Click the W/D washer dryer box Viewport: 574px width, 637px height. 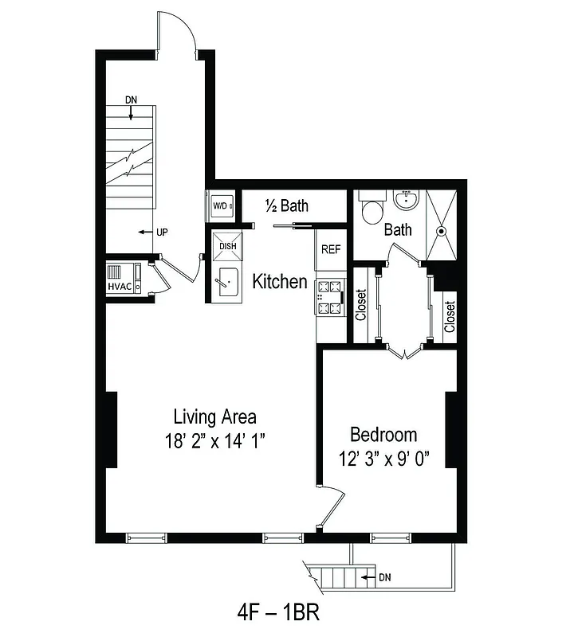[x=221, y=206]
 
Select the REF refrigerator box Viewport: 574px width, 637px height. [x=331, y=248]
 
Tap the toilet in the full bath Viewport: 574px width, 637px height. [x=371, y=210]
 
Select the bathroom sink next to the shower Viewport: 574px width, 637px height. [x=406, y=198]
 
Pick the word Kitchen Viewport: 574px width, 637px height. [x=280, y=281]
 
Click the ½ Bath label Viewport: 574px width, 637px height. [x=286, y=206]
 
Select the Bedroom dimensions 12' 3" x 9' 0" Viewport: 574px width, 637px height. [x=383, y=460]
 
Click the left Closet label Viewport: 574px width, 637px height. [x=361, y=304]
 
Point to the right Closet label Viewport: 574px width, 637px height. [x=450, y=315]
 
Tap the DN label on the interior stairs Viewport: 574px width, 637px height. [x=132, y=100]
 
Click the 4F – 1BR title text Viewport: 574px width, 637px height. [x=278, y=613]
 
